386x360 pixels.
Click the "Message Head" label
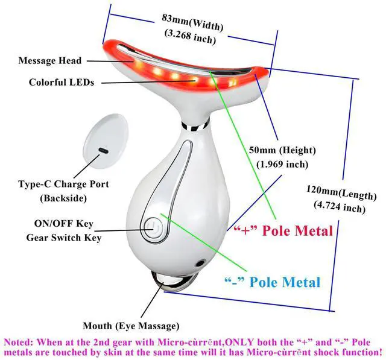click(50, 60)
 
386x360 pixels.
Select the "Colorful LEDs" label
click(62, 82)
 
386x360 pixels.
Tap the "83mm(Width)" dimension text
click(192, 22)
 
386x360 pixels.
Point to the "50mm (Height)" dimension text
click(281, 150)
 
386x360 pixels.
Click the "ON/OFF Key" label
click(60, 224)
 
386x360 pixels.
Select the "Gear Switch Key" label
click(63, 237)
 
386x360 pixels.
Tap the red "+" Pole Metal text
click(283, 230)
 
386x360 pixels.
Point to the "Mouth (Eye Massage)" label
click(130, 326)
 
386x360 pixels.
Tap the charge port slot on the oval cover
click(103, 149)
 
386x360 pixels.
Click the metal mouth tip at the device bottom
click(176, 281)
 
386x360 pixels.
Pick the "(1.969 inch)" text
click(282, 163)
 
